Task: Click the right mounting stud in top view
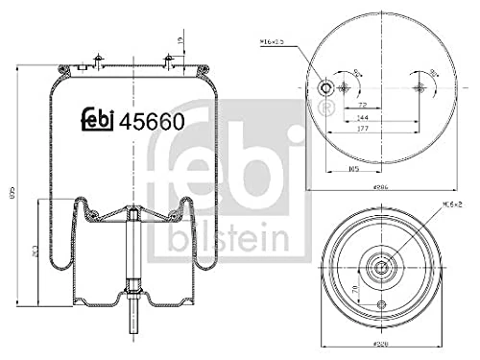click(x=419, y=88)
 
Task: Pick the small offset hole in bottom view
click(x=382, y=307)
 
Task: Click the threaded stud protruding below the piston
click(x=132, y=323)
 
